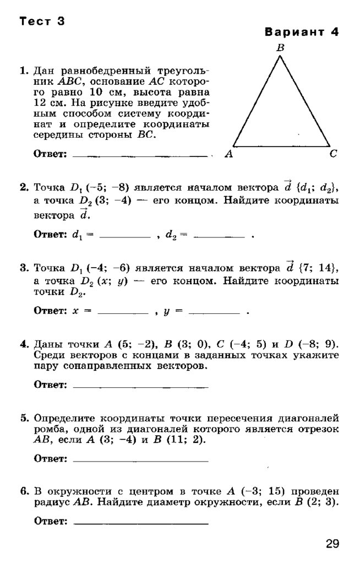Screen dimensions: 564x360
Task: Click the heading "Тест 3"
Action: (x=42, y=22)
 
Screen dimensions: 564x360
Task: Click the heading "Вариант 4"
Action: (x=302, y=31)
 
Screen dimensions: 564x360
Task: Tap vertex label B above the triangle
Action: (x=280, y=48)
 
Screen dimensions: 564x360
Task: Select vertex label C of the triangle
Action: (x=333, y=155)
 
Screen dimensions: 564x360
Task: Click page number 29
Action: (x=332, y=544)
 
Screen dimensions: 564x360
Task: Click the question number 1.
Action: (x=24, y=71)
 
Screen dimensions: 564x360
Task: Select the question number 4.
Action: (x=24, y=345)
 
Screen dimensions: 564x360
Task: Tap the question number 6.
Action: (x=24, y=491)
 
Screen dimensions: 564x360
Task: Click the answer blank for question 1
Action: (x=140, y=156)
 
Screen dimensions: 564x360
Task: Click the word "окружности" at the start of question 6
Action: (x=73, y=491)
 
